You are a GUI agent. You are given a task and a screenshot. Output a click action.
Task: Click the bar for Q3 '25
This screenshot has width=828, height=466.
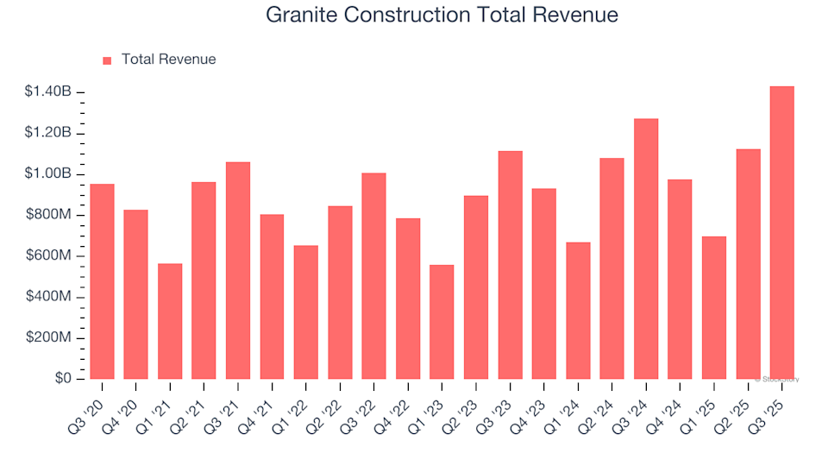click(781, 233)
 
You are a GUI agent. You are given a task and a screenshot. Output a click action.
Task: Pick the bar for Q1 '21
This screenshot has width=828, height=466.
click(170, 321)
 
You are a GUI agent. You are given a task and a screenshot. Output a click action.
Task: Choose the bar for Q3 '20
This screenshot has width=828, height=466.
click(102, 281)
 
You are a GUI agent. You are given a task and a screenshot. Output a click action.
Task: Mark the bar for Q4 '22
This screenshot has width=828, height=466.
click(408, 299)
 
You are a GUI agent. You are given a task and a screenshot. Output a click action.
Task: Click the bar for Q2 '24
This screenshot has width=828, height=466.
click(612, 268)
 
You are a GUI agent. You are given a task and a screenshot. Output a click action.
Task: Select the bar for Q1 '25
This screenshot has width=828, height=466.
click(714, 308)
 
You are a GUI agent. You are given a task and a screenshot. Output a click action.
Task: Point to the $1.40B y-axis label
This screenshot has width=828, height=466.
click(49, 92)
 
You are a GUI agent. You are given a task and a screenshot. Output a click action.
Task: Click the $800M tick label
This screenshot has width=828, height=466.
click(50, 215)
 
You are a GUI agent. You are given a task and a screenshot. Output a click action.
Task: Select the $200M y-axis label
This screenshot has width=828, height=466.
click(50, 337)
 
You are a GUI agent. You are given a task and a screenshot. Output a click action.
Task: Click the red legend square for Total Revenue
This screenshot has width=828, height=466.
click(108, 60)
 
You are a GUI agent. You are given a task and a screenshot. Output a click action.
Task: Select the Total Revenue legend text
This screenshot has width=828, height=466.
click(168, 60)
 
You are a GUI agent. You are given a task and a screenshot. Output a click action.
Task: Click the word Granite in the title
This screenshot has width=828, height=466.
click(297, 15)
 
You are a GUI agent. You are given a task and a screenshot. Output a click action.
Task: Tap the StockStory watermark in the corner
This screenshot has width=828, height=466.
click(778, 379)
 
